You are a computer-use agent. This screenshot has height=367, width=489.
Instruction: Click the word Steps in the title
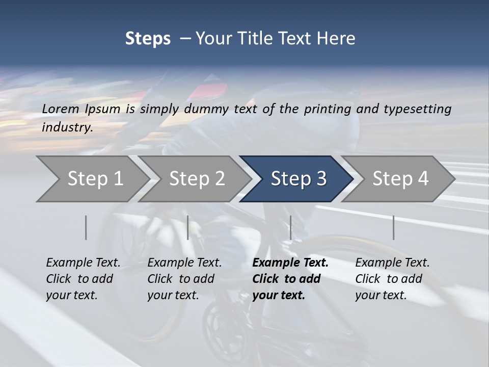[x=148, y=38]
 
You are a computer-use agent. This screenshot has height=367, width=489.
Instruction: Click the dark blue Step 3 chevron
[x=298, y=179]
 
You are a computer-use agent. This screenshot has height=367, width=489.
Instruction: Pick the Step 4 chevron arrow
[x=400, y=179]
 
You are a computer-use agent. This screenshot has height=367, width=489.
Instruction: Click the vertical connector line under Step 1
[x=86, y=227]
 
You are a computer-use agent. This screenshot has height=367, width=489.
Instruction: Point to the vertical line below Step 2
[x=188, y=227]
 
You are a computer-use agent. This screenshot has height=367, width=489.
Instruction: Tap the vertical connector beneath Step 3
[x=290, y=227]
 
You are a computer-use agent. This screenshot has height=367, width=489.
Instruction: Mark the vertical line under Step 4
[x=394, y=227]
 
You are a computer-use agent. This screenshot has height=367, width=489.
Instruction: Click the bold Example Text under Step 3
[x=290, y=263]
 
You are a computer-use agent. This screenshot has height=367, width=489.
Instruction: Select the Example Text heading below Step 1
[x=83, y=263]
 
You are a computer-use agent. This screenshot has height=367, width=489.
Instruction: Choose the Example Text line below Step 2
[x=184, y=263]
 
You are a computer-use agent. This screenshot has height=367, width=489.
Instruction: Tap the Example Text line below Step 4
[x=392, y=263]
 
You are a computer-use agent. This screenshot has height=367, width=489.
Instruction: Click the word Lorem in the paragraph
[x=60, y=109]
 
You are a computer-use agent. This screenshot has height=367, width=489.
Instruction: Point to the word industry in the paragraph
[x=67, y=127]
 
